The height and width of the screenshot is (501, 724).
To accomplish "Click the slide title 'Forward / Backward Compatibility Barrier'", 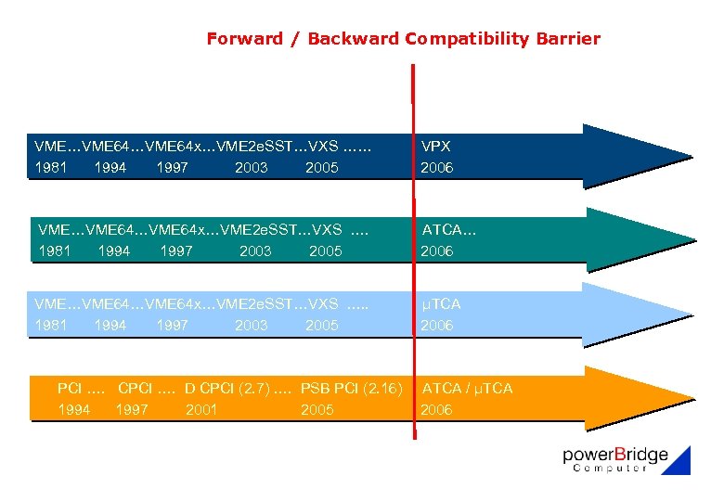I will pos(403,39).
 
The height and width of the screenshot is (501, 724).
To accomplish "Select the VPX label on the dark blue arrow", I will pos(435,147).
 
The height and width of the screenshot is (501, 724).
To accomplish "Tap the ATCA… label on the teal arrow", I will pos(449,229).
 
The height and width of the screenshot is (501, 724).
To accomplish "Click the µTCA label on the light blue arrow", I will pos(441,303).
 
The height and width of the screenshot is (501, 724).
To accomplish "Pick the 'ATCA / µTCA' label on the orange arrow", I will pos(467,388).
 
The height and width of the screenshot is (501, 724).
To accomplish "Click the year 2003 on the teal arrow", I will pos(255,251).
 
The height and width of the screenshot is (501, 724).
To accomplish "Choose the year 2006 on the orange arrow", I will pos(436,409).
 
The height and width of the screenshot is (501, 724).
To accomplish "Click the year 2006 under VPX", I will pos(436,168).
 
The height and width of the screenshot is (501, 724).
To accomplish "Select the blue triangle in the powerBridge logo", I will pos(679,463).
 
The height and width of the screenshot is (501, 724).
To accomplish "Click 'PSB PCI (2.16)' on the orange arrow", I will pos(352,388).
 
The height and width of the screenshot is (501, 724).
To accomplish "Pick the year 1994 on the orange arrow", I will pos(73,409).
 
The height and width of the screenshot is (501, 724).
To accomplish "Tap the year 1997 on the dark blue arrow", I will pos(172,168).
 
